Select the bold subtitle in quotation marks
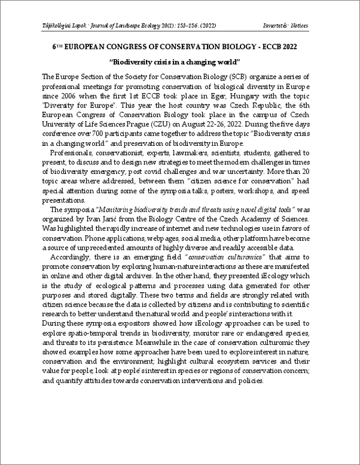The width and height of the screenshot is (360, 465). point(175,62)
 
